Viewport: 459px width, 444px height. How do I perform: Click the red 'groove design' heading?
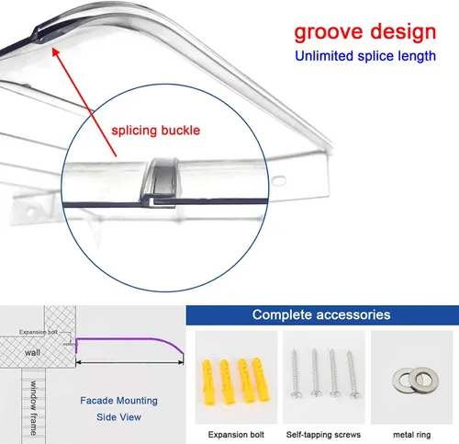(x=365, y=32)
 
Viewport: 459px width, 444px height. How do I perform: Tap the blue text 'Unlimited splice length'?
(x=365, y=56)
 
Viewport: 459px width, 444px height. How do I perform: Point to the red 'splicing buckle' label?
(x=156, y=131)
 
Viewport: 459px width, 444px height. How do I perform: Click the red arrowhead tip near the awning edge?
(x=52, y=48)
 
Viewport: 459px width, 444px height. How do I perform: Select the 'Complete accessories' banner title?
(x=321, y=314)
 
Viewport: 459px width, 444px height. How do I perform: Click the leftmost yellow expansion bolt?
(x=208, y=381)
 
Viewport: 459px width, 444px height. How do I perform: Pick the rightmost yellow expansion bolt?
(x=261, y=380)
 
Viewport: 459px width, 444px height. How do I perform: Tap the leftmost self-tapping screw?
(x=296, y=373)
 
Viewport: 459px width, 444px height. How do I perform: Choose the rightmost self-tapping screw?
(x=353, y=374)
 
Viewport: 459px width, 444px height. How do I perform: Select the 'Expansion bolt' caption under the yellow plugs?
(x=236, y=435)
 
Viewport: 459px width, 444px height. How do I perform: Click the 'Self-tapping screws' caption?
(x=323, y=435)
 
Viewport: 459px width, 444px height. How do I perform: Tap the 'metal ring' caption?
(x=411, y=435)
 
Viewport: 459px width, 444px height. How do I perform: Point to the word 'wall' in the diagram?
(x=32, y=352)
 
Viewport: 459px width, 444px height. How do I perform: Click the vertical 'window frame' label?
(x=33, y=408)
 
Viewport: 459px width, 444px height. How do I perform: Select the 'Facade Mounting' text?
(x=118, y=401)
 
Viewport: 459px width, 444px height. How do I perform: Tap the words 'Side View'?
(x=118, y=417)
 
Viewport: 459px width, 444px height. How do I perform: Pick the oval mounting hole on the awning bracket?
(x=279, y=180)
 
